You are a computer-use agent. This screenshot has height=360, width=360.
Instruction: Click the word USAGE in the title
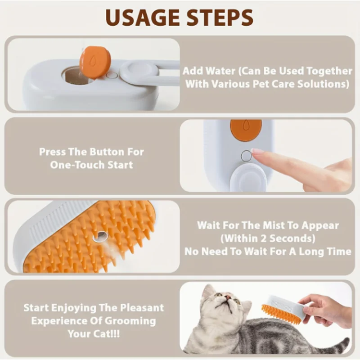point(142,18)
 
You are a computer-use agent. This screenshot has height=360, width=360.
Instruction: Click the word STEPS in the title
point(220,18)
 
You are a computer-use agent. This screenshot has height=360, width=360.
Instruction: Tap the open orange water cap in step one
point(95,62)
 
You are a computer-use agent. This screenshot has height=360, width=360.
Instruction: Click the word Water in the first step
point(220,71)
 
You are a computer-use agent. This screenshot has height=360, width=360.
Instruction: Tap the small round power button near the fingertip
point(246,156)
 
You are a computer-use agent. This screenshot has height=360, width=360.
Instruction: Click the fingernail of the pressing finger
point(257,151)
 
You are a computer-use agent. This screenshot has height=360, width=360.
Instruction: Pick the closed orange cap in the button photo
point(246,130)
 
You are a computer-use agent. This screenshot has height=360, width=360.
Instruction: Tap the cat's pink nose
point(228,297)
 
